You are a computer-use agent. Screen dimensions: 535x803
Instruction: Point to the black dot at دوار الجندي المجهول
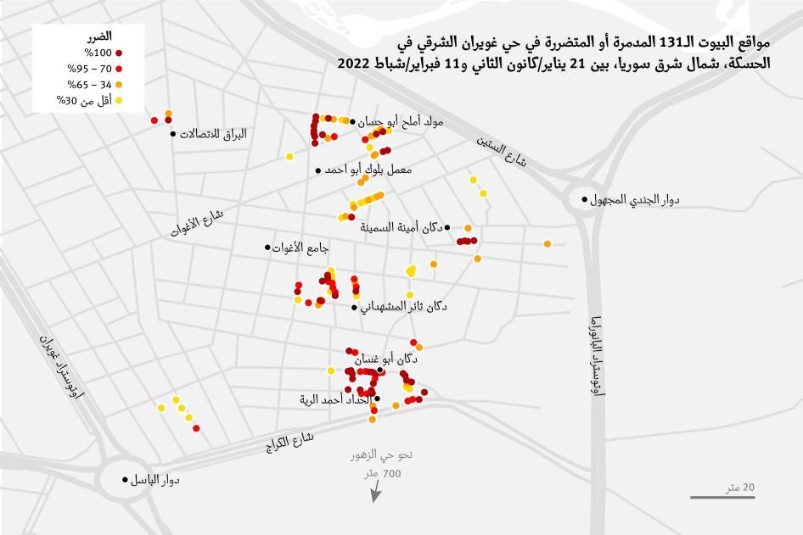tap(584, 200)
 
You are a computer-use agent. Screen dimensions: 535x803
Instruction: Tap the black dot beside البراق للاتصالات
tap(173, 134)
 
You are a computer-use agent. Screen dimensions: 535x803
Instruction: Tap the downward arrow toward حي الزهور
tap(373, 493)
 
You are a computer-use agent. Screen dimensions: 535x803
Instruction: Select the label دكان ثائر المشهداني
tap(404, 306)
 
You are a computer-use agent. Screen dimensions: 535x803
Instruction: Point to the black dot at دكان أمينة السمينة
tap(447, 227)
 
